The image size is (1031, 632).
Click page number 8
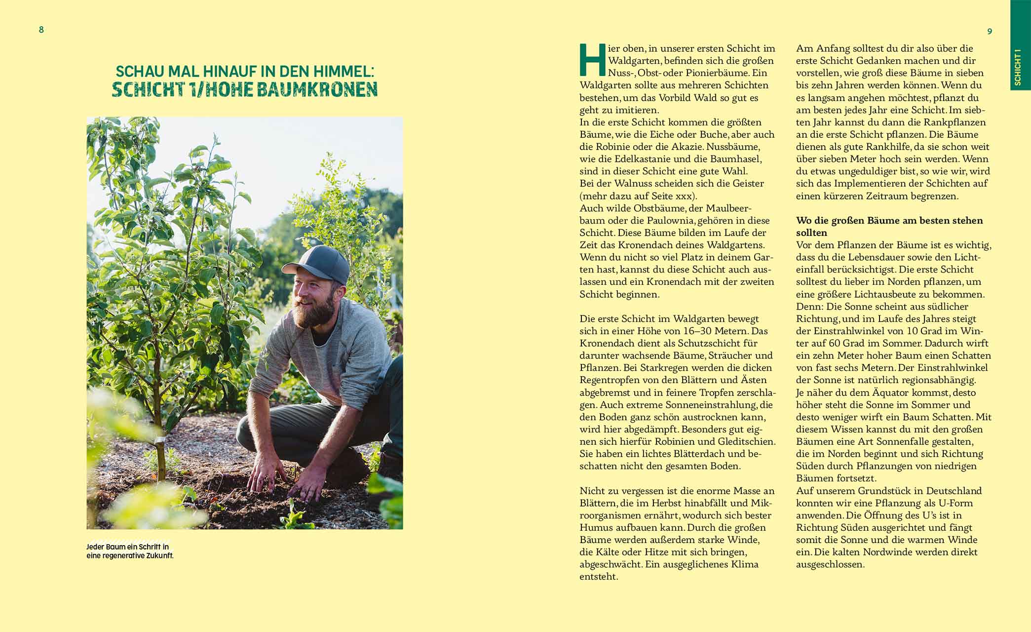pos(41,30)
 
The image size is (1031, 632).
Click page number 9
pos(990,32)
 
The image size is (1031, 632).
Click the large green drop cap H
pos(592,59)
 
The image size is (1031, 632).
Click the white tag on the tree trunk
pos(159,438)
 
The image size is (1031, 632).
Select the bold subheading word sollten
pos(811,233)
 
